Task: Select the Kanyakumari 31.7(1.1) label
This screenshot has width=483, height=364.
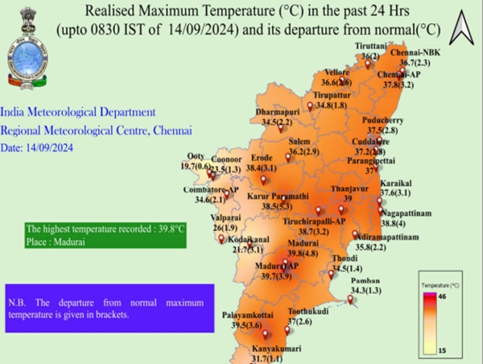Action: (x=268, y=354)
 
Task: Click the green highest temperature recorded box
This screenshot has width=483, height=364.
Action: (x=105, y=234)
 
